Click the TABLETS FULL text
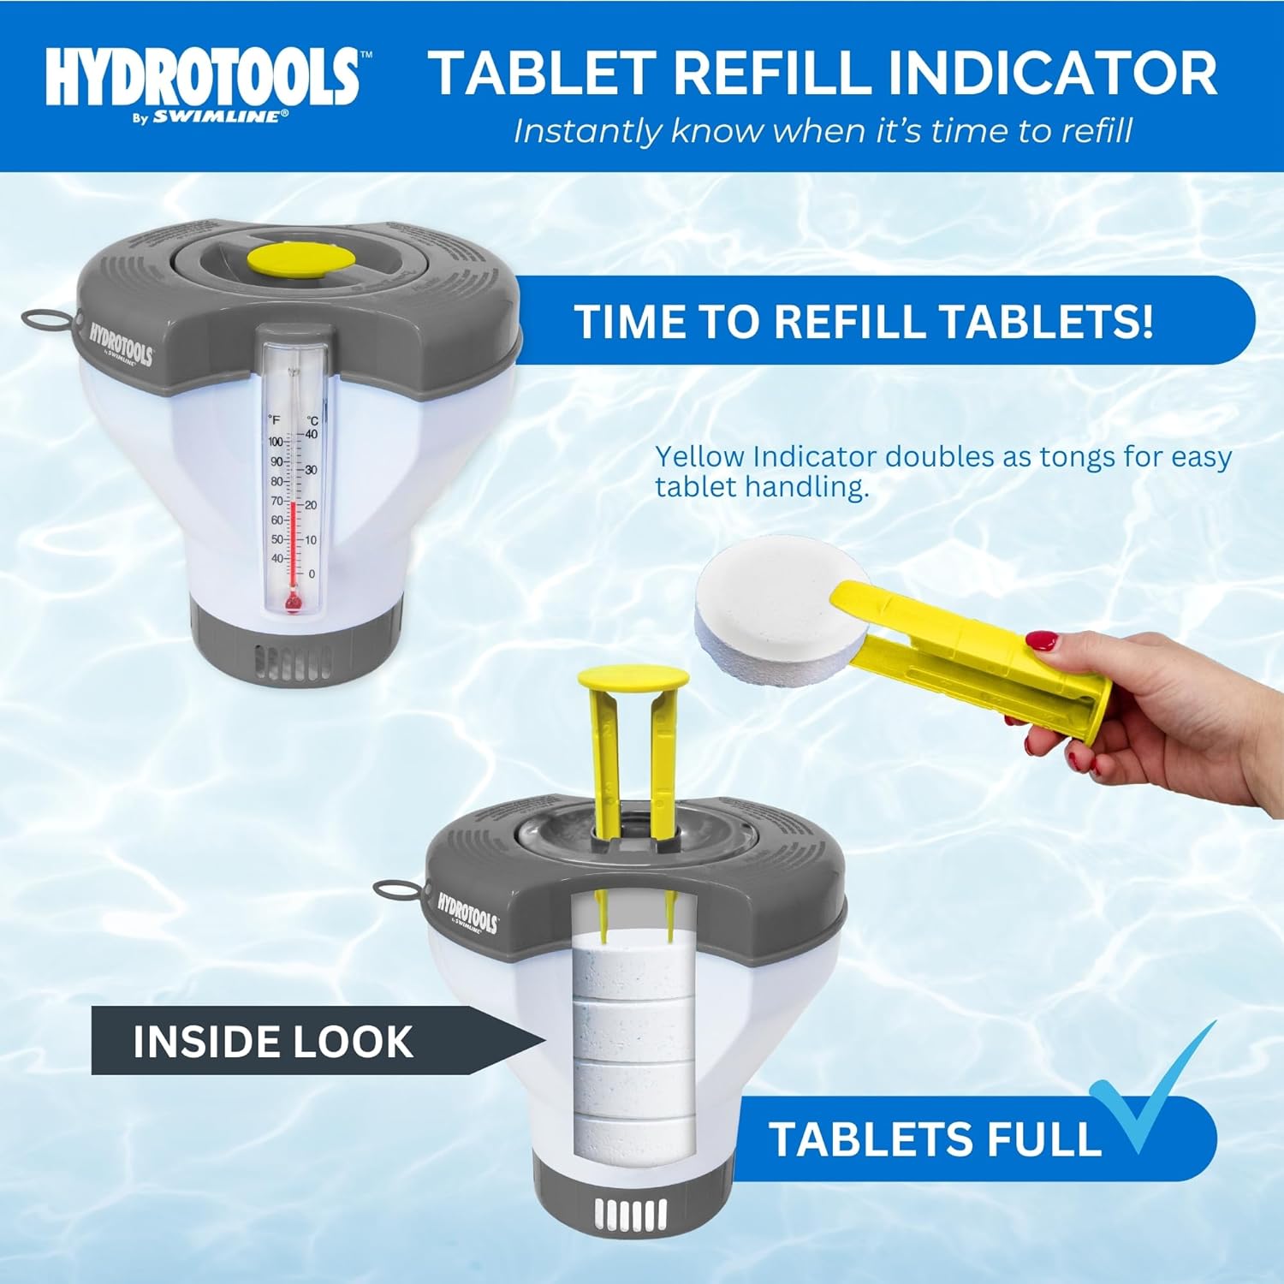tap(935, 1139)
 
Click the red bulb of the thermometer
tap(293, 604)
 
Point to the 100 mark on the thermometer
tap(276, 442)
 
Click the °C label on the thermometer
tap(312, 420)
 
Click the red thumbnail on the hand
tap(1042, 640)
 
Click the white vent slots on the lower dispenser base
tap(631, 1214)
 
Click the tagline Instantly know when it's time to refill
tap(822, 131)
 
